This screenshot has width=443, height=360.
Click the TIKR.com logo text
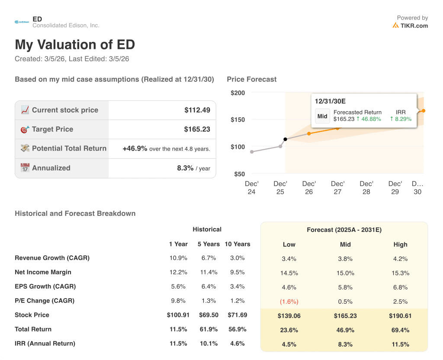pos(414,26)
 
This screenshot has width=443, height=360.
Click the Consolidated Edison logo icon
pos(22,22)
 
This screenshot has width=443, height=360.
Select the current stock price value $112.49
pos(197,110)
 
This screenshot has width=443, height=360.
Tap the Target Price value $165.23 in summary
pos(197,129)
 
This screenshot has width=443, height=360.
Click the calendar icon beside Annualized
pos(25,168)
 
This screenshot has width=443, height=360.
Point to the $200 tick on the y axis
pos(238,93)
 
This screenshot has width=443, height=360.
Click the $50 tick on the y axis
pos(239,174)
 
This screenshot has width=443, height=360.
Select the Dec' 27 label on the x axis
pos(337,188)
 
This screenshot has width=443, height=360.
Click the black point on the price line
pos(285,139)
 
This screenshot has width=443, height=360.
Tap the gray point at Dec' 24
pos(252,152)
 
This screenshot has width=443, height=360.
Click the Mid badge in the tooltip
pos(322,116)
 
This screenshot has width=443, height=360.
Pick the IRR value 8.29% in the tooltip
pos(401,119)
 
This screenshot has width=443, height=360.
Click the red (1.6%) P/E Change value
pos(289,302)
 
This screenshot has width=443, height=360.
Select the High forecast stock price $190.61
pos(400,316)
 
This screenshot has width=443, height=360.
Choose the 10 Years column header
pos(237,244)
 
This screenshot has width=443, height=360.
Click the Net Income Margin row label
pos(43,272)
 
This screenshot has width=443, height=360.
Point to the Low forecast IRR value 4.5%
pos(289,344)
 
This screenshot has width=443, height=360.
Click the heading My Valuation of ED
pos(75,45)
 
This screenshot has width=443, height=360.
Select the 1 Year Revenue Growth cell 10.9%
pos(178,258)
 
